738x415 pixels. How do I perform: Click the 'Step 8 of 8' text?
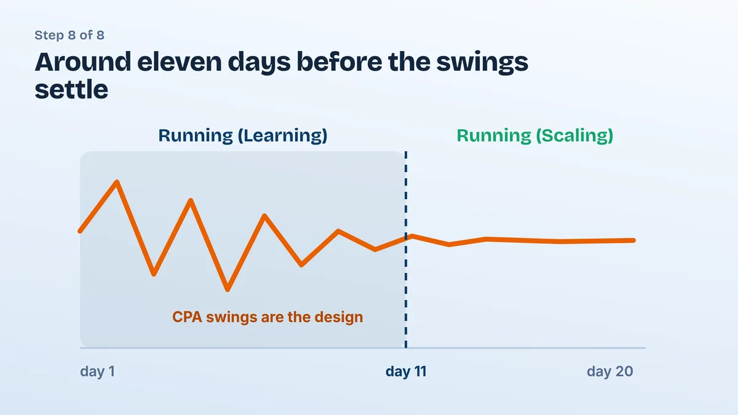(69, 35)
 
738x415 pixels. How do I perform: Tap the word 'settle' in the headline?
(71, 89)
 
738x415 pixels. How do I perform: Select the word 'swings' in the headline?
(482, 63)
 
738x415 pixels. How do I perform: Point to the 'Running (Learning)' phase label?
(243, 135)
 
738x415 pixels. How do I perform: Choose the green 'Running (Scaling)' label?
(534, 135)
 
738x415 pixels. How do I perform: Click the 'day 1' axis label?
(98, 371)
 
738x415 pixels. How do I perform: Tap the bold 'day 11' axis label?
(406, 371)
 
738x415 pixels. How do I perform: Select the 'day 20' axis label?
(610, 371)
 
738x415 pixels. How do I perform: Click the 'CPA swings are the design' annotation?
(268, 317)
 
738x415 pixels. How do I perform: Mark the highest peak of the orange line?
(117, 182)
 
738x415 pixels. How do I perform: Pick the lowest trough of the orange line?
(228, 289)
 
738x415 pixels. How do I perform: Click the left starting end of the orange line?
(80, 231)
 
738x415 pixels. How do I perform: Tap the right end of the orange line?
(633, 240)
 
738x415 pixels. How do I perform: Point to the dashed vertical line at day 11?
(406, 250)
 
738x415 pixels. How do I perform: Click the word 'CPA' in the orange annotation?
(187, 317)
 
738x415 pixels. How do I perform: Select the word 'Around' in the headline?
(82, 61)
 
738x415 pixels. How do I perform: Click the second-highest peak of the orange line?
(191, 200)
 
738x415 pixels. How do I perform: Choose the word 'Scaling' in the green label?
(575, 136)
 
